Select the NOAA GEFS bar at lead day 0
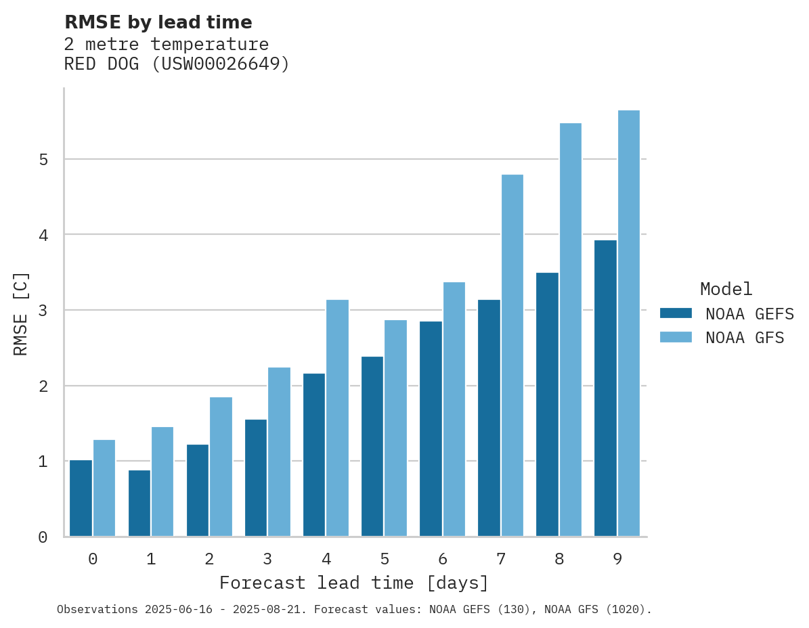(81, 498)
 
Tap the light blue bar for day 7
(512, 355)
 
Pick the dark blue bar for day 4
(313, 455)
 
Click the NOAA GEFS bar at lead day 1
(139, 503)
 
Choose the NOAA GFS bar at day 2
(221, 467)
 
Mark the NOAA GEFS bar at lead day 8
(547, 405)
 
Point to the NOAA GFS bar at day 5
(395, 428)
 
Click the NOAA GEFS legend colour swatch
(676, 313)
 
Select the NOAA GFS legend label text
(745, 338)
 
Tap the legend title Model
(726, 289)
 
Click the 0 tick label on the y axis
(43, 537)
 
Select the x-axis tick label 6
(443, 559)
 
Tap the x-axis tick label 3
(267, 559)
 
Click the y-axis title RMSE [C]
(21, 313)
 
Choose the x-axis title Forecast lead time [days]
(353, 583)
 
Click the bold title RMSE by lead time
(158, 22)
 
